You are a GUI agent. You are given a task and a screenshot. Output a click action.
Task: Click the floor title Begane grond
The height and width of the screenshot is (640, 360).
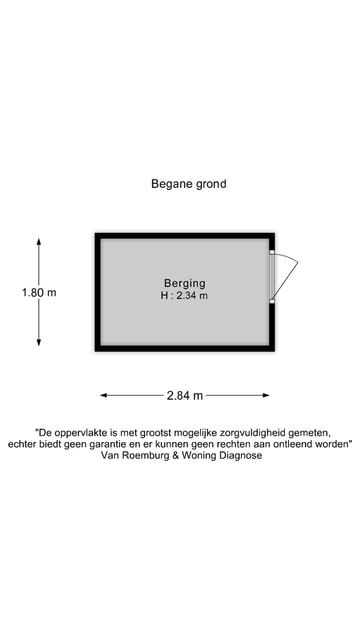coord(188,183)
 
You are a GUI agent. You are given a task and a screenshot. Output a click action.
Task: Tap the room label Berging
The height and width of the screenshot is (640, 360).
coord(184,283)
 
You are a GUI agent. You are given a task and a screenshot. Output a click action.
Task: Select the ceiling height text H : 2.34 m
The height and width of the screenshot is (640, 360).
coord(184,295)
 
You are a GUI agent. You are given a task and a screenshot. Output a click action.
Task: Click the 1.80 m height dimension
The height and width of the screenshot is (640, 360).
coord(39,292)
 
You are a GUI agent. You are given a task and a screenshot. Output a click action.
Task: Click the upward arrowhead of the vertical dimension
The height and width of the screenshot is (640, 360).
coord(39,241)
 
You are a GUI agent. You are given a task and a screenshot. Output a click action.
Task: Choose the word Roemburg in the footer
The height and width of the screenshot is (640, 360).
coord(145,455)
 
